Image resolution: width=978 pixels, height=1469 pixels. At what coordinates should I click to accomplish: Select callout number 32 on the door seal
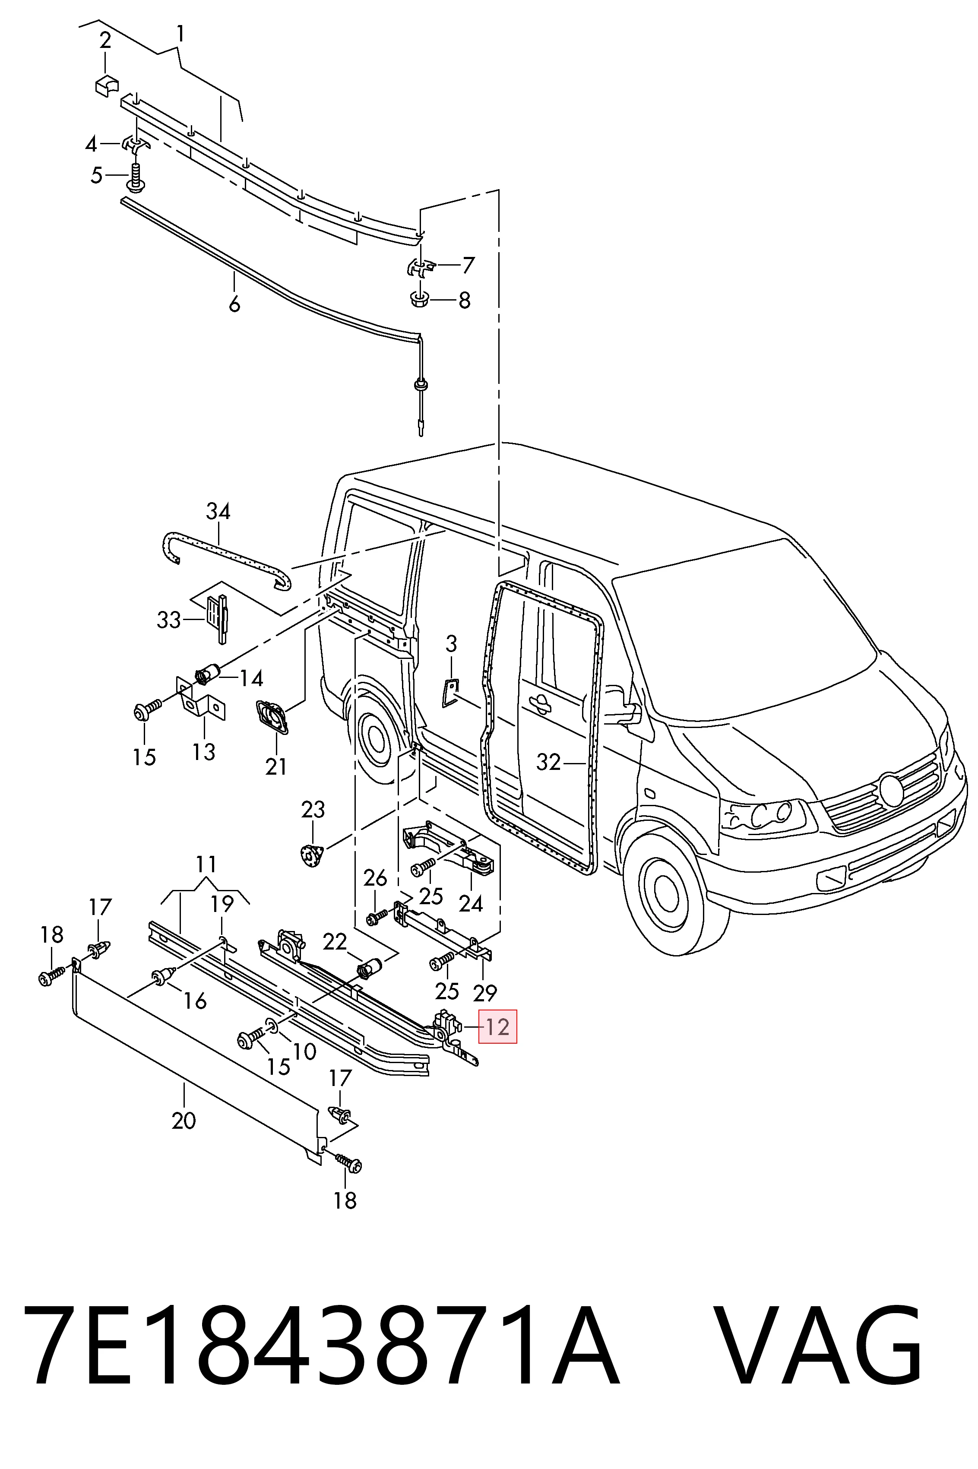(549, 762)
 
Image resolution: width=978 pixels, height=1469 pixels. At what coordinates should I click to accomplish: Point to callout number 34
(218, 512)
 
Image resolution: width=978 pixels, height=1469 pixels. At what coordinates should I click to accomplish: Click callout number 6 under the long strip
(234, 304)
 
